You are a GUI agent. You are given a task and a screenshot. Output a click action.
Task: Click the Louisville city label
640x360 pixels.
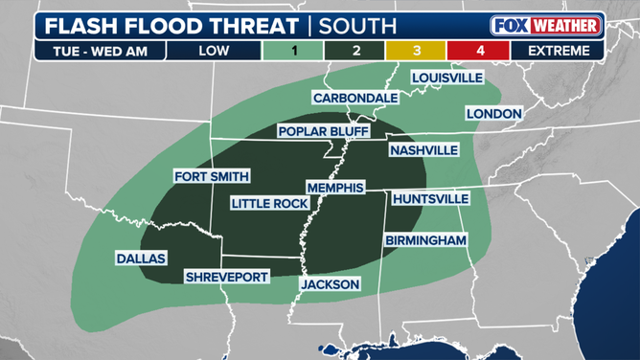point(446,78)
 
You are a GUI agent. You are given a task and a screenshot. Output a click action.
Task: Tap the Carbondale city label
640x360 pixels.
point(355,98)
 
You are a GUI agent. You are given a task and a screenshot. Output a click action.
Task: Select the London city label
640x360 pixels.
point(493,113)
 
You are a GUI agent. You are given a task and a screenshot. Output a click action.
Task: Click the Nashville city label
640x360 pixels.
point(423,150)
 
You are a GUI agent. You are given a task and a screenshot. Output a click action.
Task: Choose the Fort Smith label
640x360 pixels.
point(212,176)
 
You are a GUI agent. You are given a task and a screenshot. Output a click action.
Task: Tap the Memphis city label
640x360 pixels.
point(335,188)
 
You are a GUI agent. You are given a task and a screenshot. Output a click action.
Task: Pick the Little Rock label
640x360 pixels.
point(270,204)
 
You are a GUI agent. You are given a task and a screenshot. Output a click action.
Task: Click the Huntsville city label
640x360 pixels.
point(430,198)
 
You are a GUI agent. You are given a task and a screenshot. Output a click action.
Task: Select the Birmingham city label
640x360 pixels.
point(425,240)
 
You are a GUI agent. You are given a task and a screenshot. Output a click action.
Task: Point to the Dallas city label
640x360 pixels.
point(141,259)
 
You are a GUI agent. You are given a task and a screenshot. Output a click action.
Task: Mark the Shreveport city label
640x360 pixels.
point(227,277)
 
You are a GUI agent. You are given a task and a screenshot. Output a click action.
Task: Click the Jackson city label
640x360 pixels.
point(330,284)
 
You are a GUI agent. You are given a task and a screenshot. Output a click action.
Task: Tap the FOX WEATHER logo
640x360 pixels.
point(546,25)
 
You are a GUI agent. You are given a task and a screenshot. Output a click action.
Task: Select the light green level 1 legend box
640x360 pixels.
point(293,51)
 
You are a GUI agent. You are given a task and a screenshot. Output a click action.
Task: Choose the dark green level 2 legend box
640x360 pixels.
point(356,51)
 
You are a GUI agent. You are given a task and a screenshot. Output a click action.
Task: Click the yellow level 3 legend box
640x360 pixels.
point(418,51)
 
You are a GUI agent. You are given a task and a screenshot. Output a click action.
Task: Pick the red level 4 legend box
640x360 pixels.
point(480,51)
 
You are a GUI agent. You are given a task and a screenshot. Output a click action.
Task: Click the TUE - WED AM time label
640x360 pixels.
point(92,51)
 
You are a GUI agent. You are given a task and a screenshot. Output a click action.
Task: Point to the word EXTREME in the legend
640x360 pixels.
point(558,51)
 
